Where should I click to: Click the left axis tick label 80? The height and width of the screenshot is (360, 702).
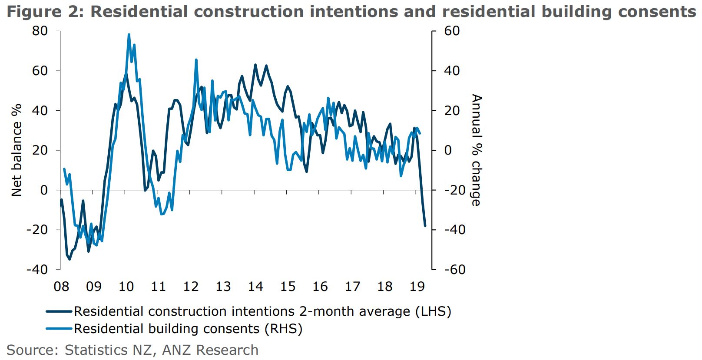click(40, 31)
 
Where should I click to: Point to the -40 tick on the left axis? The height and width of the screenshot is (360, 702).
click(37, 269)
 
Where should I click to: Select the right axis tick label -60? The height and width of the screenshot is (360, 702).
click(454, 269)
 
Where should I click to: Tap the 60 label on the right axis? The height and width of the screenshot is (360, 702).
click(452, 31)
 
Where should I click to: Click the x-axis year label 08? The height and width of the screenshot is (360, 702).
click(61, 287)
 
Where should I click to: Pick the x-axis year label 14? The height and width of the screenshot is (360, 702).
click(255, 287)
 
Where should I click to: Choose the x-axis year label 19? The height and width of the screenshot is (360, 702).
click(417, 287)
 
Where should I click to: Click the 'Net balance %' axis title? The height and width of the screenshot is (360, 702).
click(17, 150)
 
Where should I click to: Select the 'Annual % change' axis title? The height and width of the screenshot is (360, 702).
click(477, 150)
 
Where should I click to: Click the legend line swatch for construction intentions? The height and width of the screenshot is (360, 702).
click(59, 311)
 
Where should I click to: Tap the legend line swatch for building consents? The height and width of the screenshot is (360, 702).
click(59, 329)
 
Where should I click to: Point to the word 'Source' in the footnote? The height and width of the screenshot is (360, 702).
click(32, 350)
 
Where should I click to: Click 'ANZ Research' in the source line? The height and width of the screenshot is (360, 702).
click(210, 350)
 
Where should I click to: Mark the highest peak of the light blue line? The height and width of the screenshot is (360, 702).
click(129, 34)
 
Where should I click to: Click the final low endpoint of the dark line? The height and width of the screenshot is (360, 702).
click(425, 226)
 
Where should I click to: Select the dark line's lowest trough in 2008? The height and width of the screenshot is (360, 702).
click(70, 259)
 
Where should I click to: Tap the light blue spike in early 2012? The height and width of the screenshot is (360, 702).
click(196, 60)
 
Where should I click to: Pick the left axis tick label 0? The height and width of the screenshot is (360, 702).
click(44, 190)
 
